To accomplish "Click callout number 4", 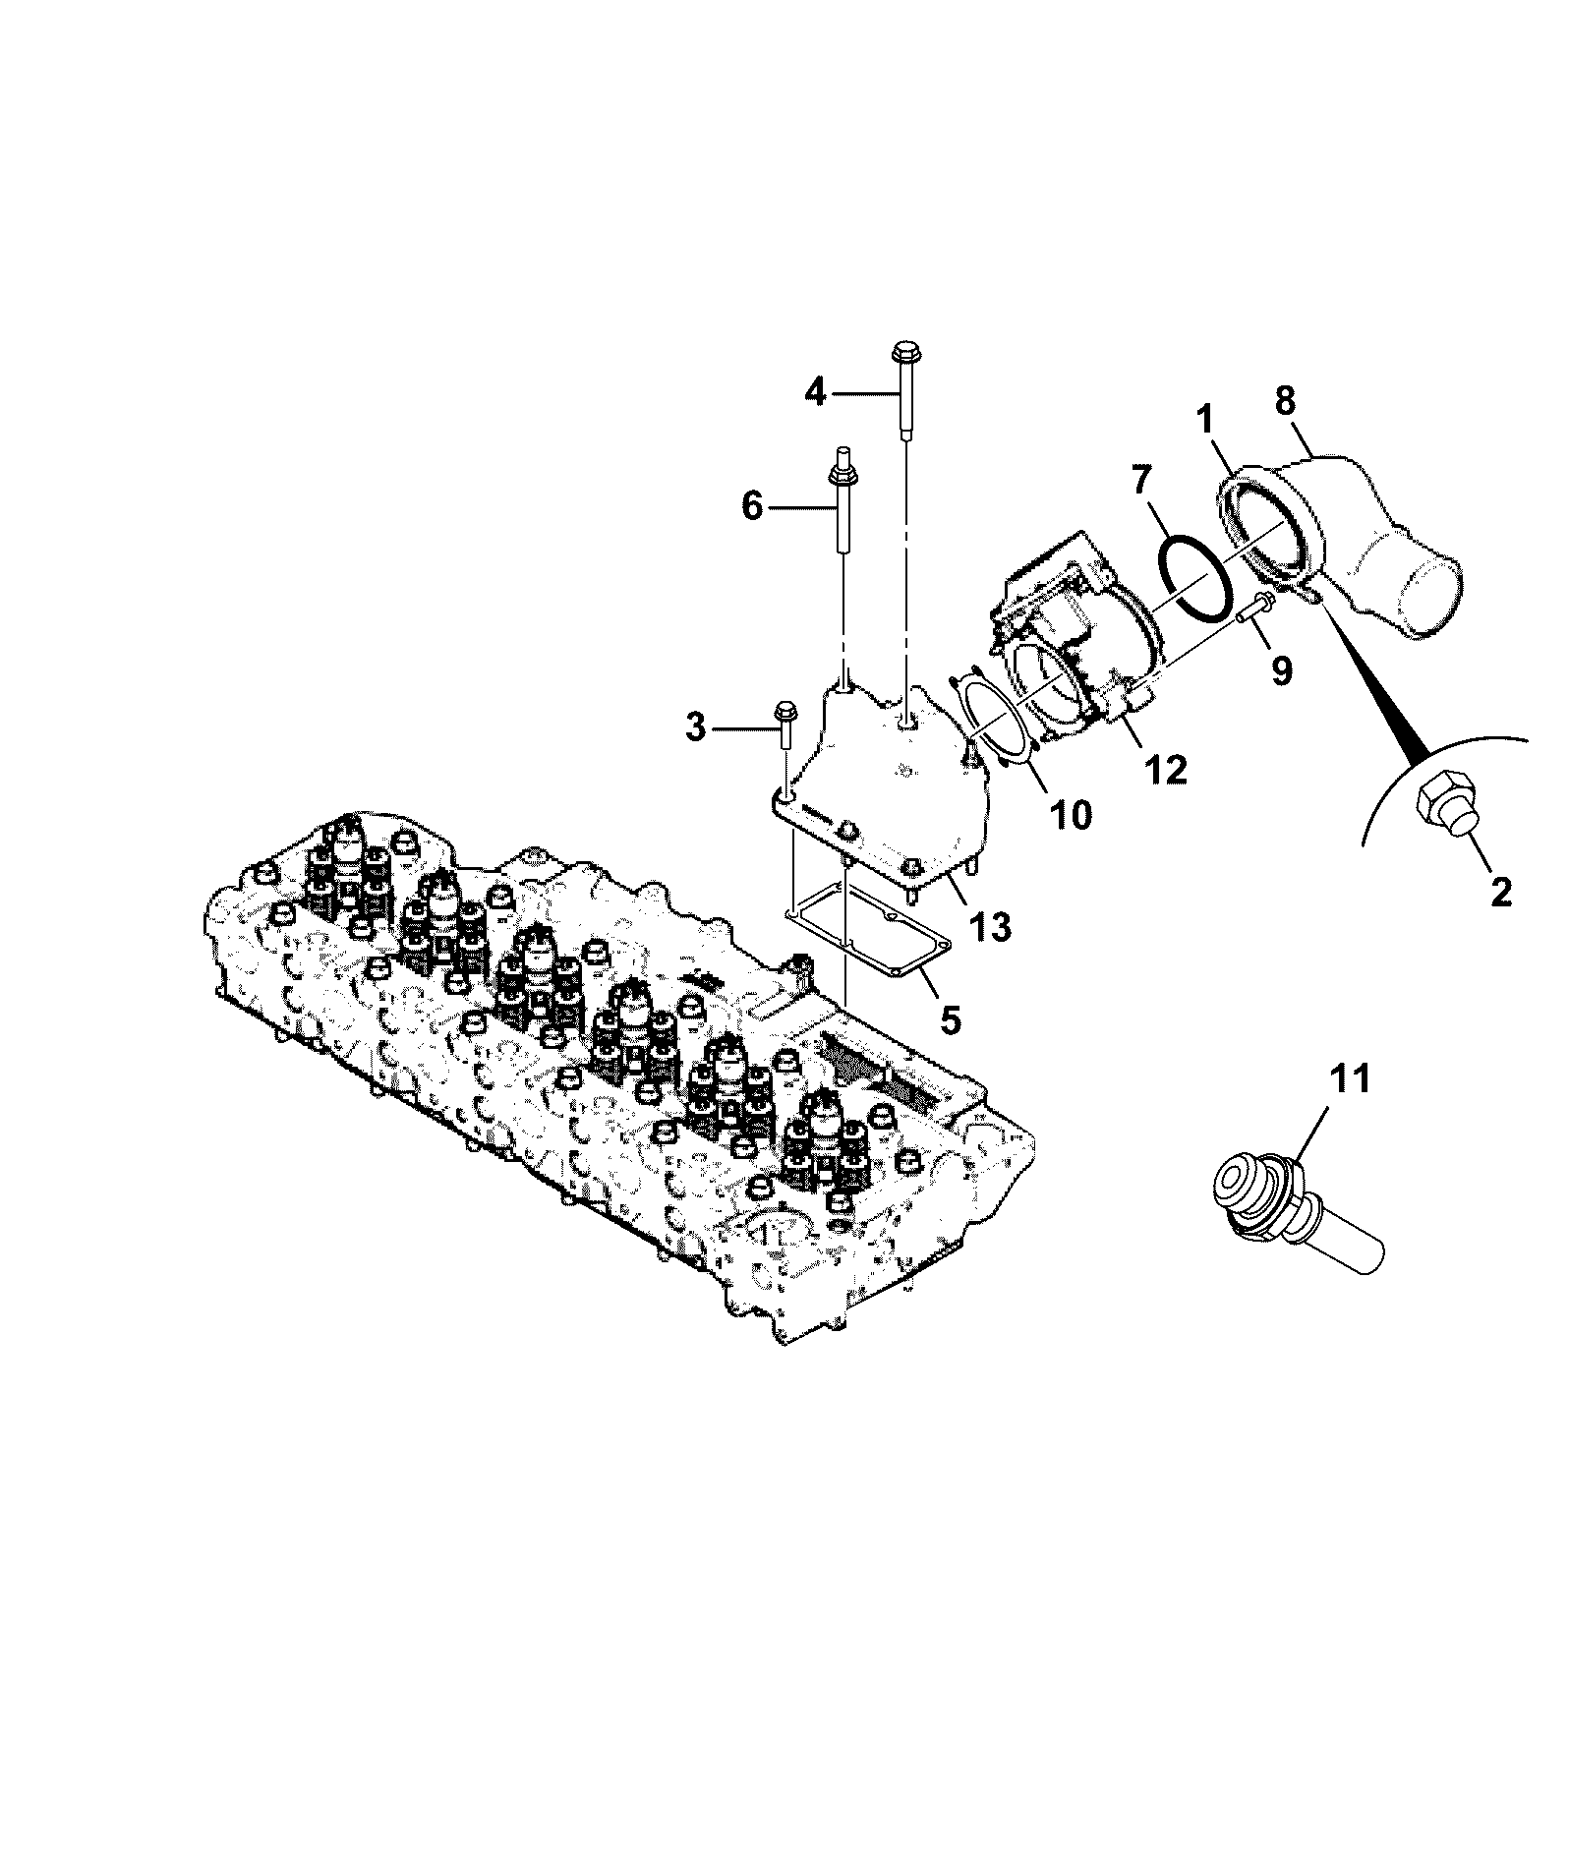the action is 815,393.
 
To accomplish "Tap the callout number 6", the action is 751,507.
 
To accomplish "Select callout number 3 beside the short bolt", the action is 696,729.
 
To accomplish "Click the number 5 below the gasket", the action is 950,1019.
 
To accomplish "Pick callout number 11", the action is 1349,1078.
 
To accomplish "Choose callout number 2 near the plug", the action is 1501,891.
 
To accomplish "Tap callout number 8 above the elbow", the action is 1285,402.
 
